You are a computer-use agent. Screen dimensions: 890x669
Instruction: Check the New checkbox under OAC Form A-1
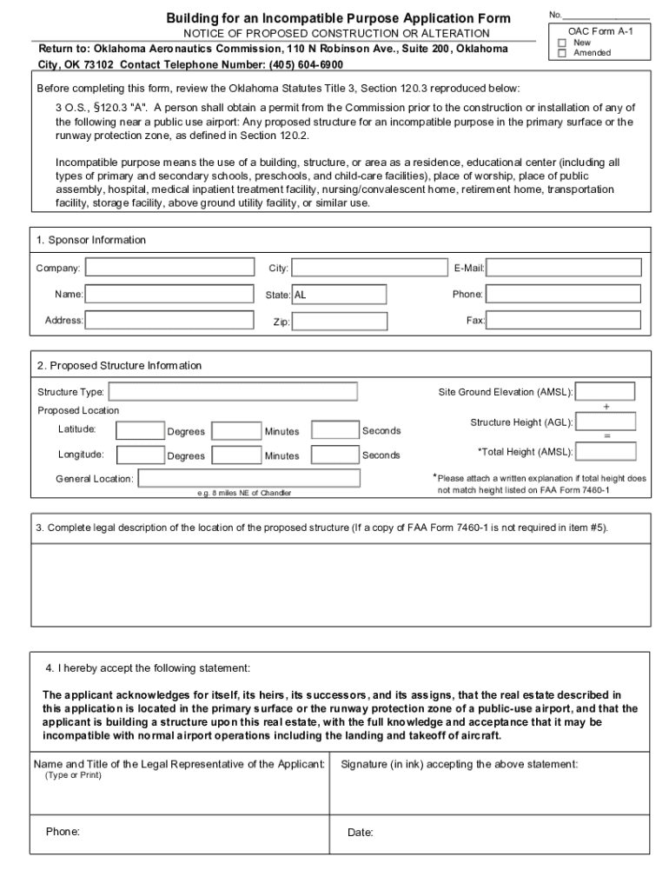[561, 43]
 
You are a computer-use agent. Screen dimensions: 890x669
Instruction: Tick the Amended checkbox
[561, 53]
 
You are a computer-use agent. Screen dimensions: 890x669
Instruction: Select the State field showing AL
[339, 295]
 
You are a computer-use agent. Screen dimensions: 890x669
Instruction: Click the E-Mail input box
[564, 268]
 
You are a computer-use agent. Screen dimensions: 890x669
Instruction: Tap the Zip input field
[339, 322]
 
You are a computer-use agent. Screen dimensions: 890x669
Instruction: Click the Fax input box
[564, 321]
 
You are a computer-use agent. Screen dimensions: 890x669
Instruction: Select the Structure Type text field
[233, 392]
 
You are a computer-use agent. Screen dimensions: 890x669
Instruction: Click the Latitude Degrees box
[140, 430]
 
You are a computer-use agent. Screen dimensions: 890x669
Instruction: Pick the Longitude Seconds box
[334, 455]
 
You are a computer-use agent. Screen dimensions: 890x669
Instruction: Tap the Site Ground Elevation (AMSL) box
[606, 392]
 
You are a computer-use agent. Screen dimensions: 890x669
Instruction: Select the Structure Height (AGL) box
[606, 422]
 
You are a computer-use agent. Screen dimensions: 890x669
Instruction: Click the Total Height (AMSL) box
[606, 451]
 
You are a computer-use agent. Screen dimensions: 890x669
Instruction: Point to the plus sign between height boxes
[606, 407]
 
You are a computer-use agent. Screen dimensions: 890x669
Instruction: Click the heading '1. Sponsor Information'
[91, 240]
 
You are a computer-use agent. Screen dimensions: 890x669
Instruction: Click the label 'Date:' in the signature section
[361, 833]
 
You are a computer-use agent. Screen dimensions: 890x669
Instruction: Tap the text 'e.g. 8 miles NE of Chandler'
[244, 494]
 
